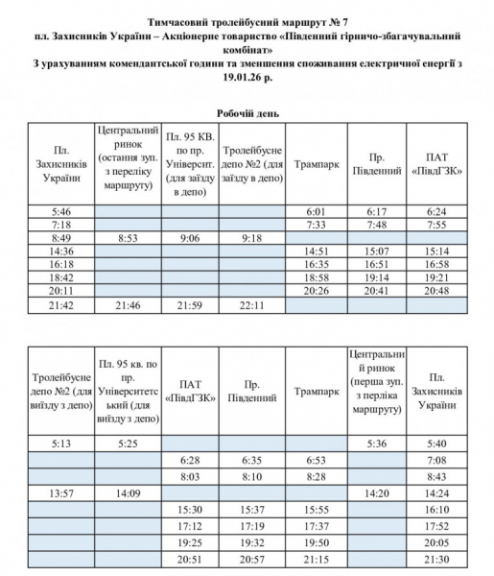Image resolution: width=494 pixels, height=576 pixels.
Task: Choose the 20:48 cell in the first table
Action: click(436, 290)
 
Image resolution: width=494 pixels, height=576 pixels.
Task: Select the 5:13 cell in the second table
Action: click(61, 444)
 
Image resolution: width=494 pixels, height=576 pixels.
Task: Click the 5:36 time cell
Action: click(375, 444)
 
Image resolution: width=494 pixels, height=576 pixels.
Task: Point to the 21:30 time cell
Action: click(436, 558)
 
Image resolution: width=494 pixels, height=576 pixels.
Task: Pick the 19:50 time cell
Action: click(317, 543)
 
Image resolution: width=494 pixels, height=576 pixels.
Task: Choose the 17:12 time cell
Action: click(190, 526)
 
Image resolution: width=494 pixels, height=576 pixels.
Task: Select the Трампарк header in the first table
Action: click(317, 164)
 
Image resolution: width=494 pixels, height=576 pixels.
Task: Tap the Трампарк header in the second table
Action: click(317, 392)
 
